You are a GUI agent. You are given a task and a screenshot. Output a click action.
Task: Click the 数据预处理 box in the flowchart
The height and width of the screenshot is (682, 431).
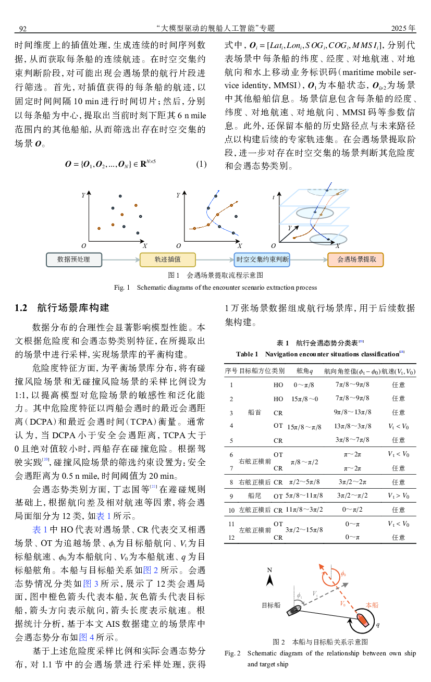pos(73,259)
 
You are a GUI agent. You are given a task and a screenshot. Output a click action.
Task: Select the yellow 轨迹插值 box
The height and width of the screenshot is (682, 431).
pos(167,259)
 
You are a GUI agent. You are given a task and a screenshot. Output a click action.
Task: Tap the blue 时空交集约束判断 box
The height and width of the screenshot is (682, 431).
pos(262,259)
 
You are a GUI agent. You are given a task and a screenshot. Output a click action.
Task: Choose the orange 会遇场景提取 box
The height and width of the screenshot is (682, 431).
pos(356,259)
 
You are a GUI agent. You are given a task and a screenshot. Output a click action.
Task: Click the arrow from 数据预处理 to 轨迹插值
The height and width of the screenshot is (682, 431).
pos(120,259)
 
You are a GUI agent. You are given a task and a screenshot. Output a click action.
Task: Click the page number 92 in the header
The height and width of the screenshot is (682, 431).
pos(23,28)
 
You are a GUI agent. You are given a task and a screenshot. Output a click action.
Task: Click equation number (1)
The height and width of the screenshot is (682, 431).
pos(201,165)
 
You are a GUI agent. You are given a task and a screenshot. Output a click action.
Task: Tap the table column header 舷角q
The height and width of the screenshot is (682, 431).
pos(304,371)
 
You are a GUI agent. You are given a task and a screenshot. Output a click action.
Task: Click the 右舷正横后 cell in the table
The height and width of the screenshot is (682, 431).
pos(254,482)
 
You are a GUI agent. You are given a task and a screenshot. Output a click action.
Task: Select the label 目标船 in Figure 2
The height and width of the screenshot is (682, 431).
pos(271,605)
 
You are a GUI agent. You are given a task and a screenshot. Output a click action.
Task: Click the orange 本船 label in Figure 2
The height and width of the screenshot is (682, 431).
pos(372,605)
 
